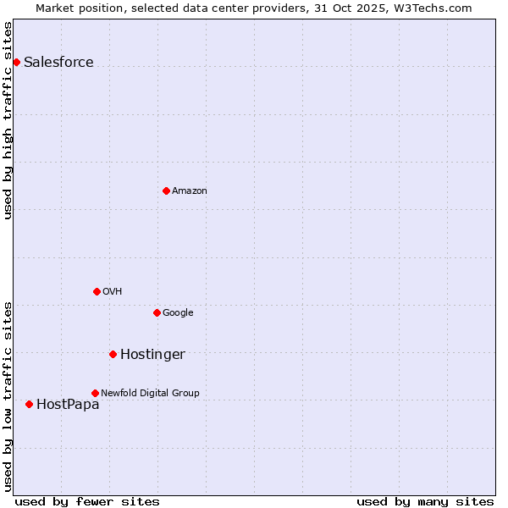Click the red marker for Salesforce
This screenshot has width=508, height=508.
[x=16, y=62]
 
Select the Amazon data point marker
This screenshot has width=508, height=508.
[x=166, y=190]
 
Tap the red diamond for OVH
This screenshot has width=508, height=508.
[x=97, y=291]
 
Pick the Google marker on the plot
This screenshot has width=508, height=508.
[x=157, y=312]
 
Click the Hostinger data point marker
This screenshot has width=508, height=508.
[x=113, y=354]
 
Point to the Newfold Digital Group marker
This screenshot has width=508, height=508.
[x=95, y=393]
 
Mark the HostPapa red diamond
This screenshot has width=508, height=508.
[x=29, y=404]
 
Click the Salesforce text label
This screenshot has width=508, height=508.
[x=58, y=62]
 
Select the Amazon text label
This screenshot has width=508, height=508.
[x=189, y=190]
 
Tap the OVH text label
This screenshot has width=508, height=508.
[x=112, y=291]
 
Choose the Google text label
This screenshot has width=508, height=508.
[x=178, y=312]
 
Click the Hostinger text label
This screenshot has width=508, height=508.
[x=152, y=354]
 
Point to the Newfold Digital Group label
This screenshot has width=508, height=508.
[x=150, y=393]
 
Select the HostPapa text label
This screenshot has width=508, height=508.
[x=68, y=404]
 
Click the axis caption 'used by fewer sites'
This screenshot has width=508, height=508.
[x=87, y=501]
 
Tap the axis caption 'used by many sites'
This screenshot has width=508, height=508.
[x=425, y=501]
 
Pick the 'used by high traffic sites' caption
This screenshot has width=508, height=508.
[x=8, y=120]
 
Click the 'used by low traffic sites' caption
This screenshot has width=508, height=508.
[x=8, y=395]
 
